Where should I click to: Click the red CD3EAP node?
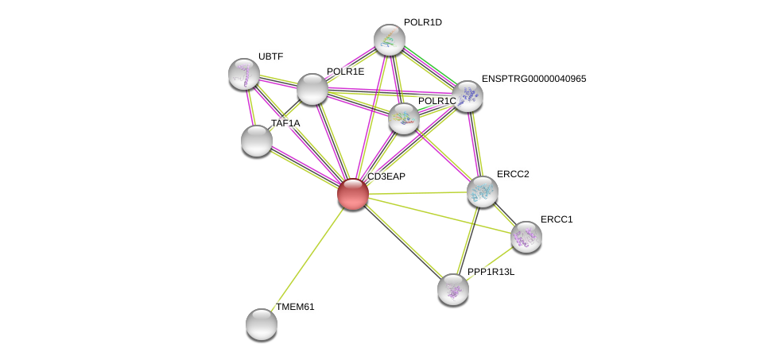coord(353,193)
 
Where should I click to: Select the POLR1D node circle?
coord(390,40)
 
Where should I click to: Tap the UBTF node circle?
coord(244,74)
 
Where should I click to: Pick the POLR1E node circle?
coord(312,89)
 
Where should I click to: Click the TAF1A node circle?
coord(257,141)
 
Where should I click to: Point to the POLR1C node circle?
coord(404,118)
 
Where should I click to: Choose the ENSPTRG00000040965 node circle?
coord(467,96)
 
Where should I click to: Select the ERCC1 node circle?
coord(526,236)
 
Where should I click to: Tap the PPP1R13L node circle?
coord(453,289)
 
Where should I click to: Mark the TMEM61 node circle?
coord(262,323)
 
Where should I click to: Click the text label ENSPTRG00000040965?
coord(533,79)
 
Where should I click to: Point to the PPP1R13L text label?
coord(491,272)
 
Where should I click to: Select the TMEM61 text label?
coord(295,307)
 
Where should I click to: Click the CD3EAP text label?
coord(386,176)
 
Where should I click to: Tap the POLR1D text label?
coord(422,22)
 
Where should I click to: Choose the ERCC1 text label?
coord(556,219)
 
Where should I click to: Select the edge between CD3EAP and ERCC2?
coord(417,192)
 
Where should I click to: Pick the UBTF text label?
coord(270,56)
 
